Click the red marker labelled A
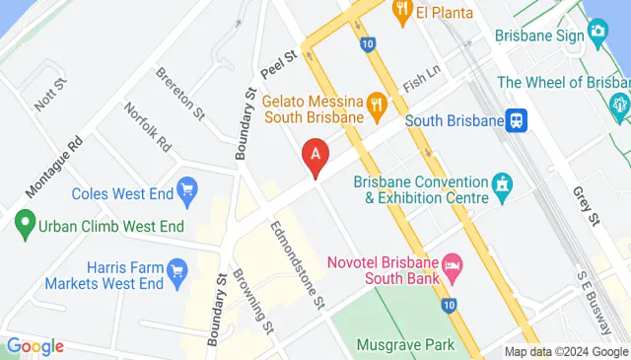pos(315,155)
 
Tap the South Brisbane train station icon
pos(517,120)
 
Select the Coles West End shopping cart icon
pos(186,188)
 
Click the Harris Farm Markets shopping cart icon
pos(177,269)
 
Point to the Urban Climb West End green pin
pos(24,226)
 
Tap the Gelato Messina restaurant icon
pos(376,103)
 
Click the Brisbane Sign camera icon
pos(597,33)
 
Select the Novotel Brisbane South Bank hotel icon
pos(452,263)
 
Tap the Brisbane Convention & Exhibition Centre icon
pos(503,183)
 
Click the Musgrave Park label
pos(406,344)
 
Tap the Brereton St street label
pos(179,92)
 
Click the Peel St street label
pos(279,66)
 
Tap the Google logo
pos(35,346)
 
